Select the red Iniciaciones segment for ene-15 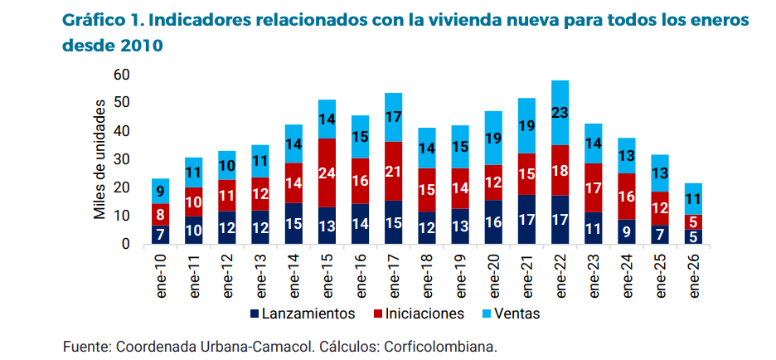pyautogui.click(x=327, y=173)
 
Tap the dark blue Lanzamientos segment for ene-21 pyautogui.click(x=526, y=220)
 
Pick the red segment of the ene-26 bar pyautogui.click(x=693, y=221)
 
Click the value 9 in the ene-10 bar pyautogui.click(x=160, y=191)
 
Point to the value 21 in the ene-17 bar pyautogui.click(x=394, y=171)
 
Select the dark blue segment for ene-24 pyautogui.click(x=627, y=231)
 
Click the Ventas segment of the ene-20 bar pyautogui.click(x=493, y=139)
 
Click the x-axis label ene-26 pyautogui.click(x=694, y=278)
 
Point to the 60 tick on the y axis pyautogui.click(x=122, y=75)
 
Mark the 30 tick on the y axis pyautogui.click(x=122, y=159)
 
